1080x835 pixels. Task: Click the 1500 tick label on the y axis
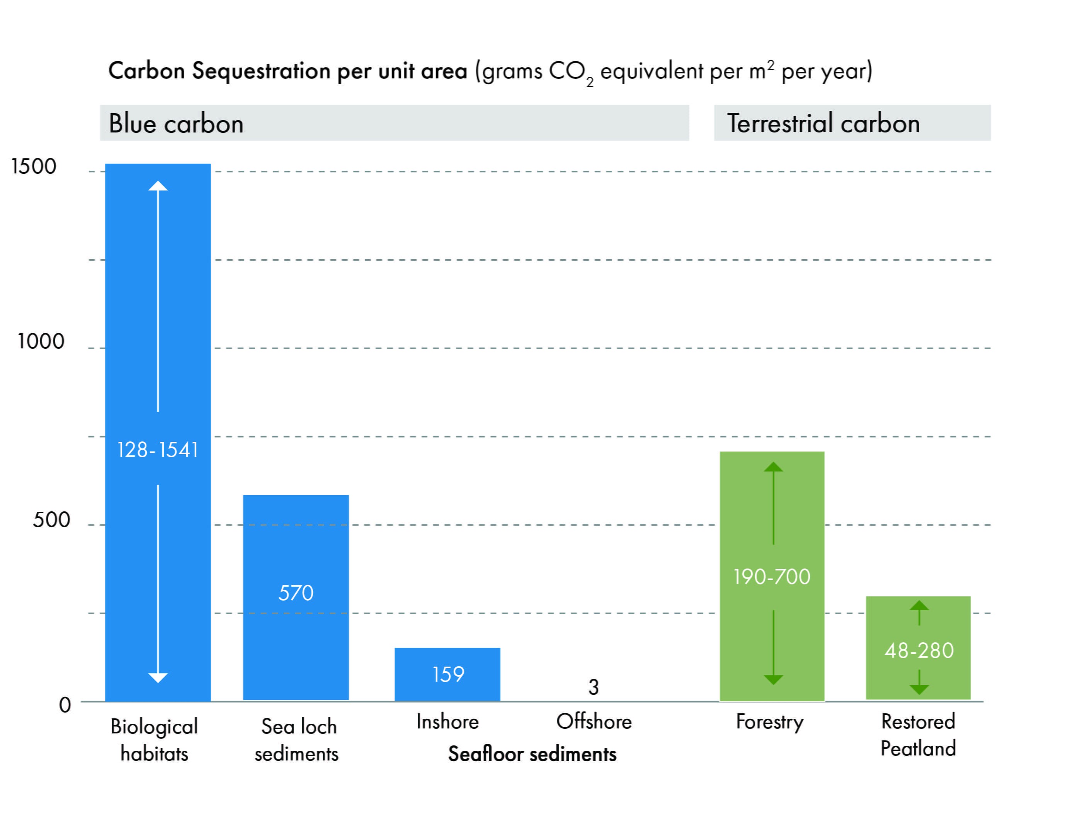34,166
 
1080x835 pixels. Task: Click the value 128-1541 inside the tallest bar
158,450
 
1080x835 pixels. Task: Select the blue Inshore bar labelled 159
447,674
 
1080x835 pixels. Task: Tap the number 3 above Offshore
594,687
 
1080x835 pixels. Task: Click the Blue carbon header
176,124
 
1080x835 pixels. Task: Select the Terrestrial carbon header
823,123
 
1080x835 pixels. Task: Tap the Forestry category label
769,722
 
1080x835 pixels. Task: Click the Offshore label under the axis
594,722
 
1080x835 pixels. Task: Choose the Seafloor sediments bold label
532,754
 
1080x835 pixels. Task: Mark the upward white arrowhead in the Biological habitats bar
158,187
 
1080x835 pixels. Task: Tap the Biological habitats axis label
154,740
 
